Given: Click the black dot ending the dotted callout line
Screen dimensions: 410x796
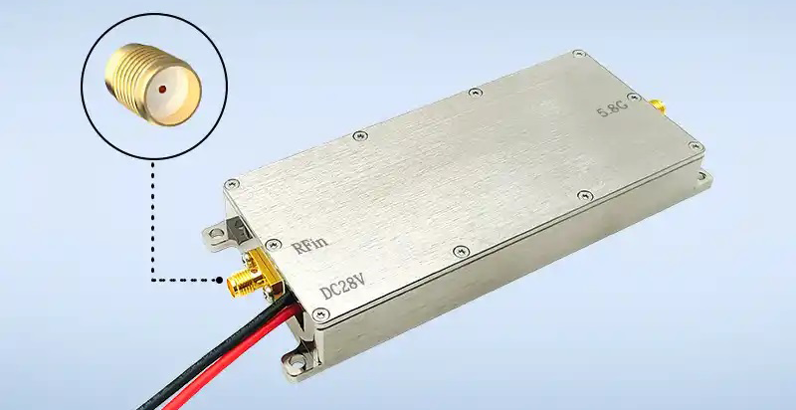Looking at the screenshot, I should (x=218, y=281).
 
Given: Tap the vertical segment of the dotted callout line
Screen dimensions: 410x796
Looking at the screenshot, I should (x=151, y=219).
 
